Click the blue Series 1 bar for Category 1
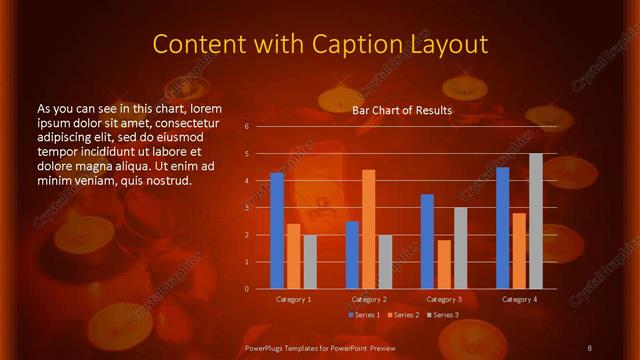click(x=277, y=231)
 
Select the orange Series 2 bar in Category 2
click(x=368, y=229)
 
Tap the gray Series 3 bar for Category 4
click(x=535, y=221)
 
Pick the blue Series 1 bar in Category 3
click(x=427, y=242)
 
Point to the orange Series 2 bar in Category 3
click(x=444, y=264)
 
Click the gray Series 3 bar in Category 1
click(x=310, y=262)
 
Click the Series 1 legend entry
click(x=364, y=315)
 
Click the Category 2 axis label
click(x=369, y=299)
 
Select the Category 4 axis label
click(x=519, y=299)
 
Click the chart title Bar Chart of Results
click(x=402, y=110)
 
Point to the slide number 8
click(x=589, y=347)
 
